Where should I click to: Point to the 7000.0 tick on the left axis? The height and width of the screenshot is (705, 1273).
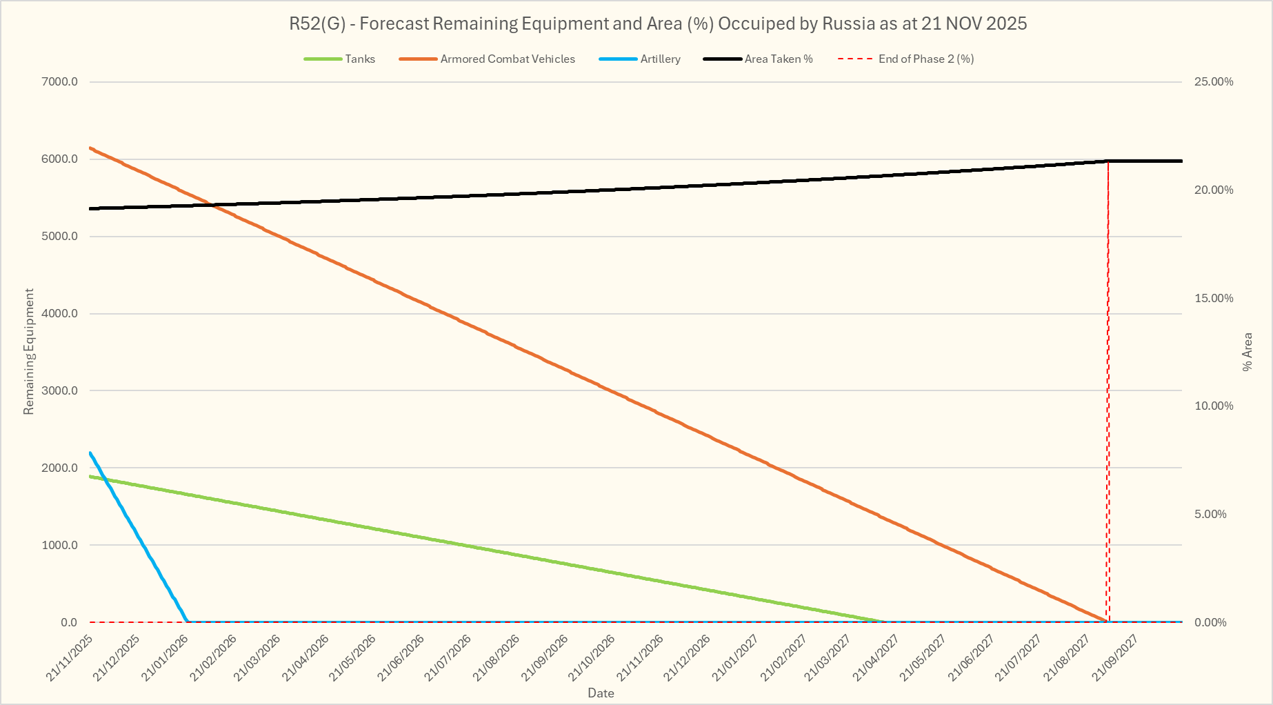[60, 82]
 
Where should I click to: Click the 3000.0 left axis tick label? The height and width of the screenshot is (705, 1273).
[60, 391]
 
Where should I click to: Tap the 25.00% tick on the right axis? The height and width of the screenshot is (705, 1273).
[1214, 82]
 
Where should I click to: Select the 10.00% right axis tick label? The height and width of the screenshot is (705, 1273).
[1214, 406]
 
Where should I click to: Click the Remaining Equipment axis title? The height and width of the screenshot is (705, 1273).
[29, 352]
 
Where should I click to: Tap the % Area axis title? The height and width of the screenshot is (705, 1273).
[1247, 352]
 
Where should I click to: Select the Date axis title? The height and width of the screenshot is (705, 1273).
[601, 693]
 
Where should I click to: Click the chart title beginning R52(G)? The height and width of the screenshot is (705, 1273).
[658, 24]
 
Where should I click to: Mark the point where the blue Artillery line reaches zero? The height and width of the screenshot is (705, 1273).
[188, 622]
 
